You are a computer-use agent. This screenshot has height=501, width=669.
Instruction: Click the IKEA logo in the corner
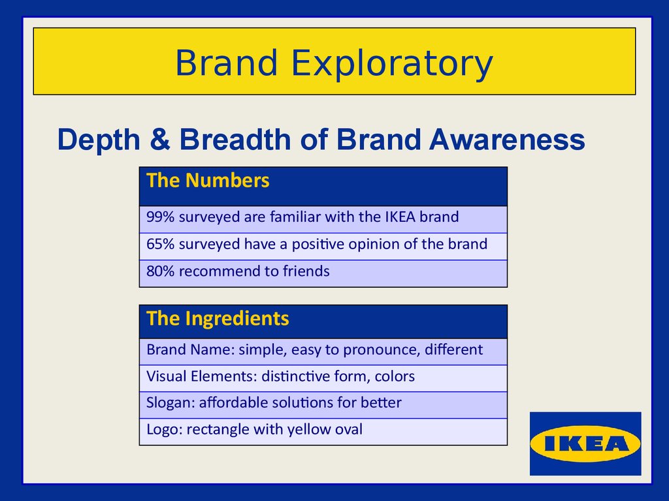click(x=585, y=444)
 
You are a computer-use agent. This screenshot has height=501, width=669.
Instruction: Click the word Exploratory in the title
click(x=392, y=64)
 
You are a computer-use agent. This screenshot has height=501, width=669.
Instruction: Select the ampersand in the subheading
click(x=160, y=139)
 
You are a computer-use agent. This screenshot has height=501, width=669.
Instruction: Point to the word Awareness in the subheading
click(x=507, y=140)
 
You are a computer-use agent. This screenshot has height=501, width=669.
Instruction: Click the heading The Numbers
click(x=208, y=180)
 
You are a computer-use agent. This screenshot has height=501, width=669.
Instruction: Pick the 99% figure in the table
click(x=161, y=217)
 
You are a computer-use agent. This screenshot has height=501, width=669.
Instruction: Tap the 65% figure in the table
click(x=161, y=244)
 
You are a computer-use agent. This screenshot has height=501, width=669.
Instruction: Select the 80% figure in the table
click(x=161, y=271)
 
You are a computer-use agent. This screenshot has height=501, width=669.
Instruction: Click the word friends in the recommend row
click(x=306, y=271)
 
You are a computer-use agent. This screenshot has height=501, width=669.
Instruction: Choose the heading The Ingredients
click(x=218, y=318)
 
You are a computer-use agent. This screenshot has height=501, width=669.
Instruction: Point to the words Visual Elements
click(x=202, y=376)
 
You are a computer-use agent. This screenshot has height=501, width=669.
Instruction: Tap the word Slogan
click(x=171, y=403)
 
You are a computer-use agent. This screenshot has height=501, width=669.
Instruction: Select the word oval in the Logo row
click(x=349, y=429)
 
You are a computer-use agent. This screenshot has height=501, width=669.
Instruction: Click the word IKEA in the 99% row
click(x=400, y=217)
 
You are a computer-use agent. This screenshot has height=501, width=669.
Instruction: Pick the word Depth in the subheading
click(x=99, y=140)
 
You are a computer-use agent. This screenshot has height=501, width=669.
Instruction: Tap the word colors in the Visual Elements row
click(x=395, y=376)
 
